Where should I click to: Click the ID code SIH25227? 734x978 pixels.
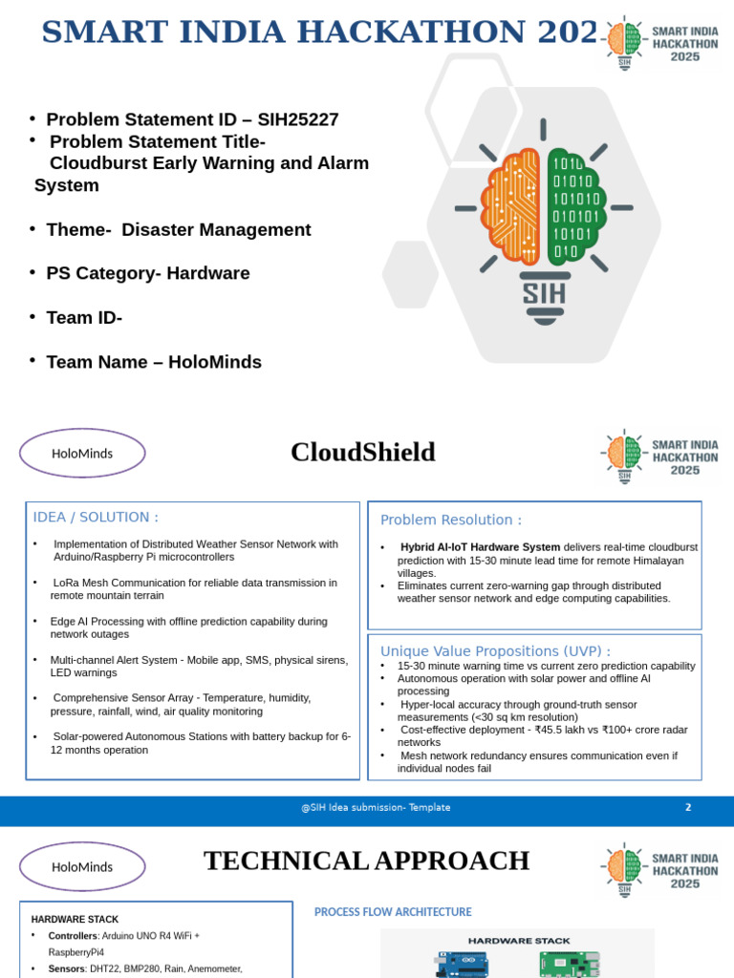(x=296, y=120)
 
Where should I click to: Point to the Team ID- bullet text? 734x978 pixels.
(x=84, y=318)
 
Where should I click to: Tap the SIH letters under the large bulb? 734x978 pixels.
(x=544, y=290)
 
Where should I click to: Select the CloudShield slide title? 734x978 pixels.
(x=363, y=453)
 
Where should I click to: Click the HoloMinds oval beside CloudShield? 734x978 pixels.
(x=82, y=454)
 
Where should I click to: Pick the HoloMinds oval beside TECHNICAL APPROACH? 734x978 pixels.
(x=82, y=867)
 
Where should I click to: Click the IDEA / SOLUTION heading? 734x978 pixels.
(x=96, y=518)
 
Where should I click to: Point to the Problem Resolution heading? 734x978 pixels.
(x=451, y=521)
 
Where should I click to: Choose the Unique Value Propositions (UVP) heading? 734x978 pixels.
(x=495, y=651)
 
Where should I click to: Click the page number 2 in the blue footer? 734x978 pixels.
(x=688, y=808)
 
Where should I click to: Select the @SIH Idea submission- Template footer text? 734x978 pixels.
(x=376, y=808)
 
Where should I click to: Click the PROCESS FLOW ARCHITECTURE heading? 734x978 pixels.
(x=393, y=913)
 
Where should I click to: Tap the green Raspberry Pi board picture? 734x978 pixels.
(x=569, y=964)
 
